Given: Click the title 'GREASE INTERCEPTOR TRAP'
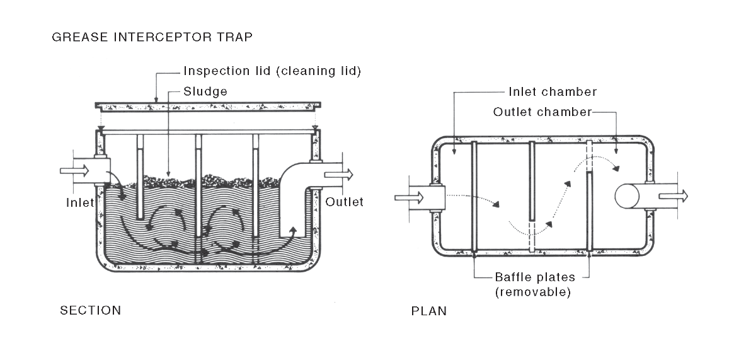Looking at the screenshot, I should [153, 37].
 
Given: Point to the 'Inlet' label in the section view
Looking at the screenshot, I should [79, 202].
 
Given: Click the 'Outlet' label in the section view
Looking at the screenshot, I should [345, 202].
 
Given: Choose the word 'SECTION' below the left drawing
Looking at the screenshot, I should [90, 310].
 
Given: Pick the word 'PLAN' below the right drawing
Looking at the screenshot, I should [429, 311].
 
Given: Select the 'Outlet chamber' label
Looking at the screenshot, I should [543, 112].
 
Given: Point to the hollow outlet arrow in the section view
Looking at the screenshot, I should [339, 175].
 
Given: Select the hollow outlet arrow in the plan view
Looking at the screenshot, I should [672, 197].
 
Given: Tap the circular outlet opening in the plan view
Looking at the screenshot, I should [628, 195].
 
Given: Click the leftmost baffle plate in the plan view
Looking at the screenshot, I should [473, 197].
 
